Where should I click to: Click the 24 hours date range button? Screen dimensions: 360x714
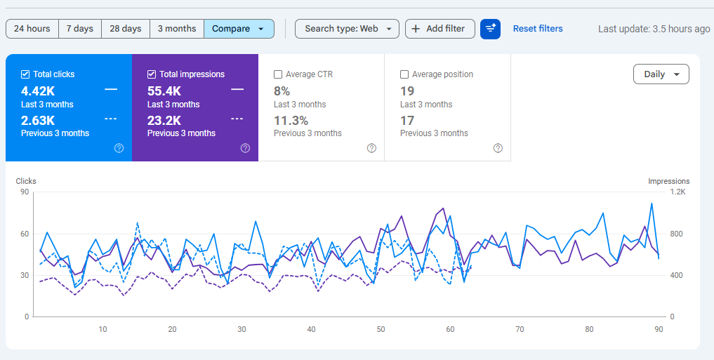(x=32, y=29)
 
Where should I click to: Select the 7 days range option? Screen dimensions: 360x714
(x=80, y=29)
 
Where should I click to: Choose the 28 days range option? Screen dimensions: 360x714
(x=126, y=29)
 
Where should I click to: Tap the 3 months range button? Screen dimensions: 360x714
(x=177, y=29)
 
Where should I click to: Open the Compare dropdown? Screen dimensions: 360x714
(x=239, y=29)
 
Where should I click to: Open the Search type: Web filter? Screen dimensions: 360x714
(x=347, y=29)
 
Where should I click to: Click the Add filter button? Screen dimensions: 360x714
(x=439, y=29)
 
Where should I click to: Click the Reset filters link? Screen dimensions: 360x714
(x=538, y=29)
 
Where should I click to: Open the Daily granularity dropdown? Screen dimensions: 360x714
(x=661, y=74)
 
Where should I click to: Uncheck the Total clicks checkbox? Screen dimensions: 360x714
(x=25, y=74)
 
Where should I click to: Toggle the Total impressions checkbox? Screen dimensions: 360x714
(x=152, y=74)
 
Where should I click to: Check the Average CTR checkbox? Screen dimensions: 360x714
(x=278, y=74)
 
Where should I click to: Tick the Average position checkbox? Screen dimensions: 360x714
(x=404, y=74)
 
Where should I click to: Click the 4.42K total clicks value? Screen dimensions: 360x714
(x=38, y=91)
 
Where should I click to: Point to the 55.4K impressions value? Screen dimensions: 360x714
(x=164, y=91)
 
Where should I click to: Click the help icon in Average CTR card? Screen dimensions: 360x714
(x=371, y=148)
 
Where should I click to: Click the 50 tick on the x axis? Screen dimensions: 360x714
(x=381, y=329)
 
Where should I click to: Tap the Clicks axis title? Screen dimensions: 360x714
(x=26, y=181)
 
